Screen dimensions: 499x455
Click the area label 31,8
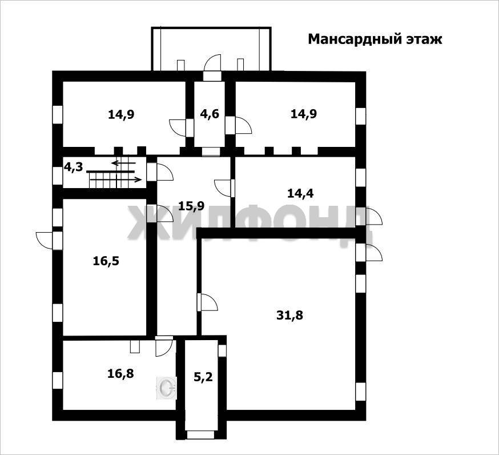[289, 316]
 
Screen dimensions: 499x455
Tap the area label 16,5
[106, 261]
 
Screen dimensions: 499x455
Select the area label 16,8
[120, 373]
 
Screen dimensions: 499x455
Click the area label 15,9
[191, 206]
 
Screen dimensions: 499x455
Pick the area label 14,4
[300, 193]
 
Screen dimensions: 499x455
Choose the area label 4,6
[210, 114]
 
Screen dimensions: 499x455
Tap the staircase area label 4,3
[74, 167]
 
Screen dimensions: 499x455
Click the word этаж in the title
[425, 40]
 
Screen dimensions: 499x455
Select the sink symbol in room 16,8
[166, 388]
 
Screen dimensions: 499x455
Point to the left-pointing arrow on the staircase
[123, 163]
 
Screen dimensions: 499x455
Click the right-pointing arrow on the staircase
[116, 179]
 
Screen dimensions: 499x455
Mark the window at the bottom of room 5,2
[196, 435]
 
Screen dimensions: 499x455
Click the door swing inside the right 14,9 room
[243, 125]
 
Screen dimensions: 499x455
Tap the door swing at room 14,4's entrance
[223, 188]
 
